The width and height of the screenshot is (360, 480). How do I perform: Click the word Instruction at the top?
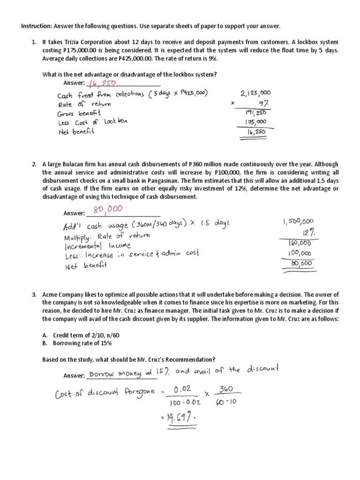[37, 26]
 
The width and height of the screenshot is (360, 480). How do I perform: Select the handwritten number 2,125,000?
[255, 93]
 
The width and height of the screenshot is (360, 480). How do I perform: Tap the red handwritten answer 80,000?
[103, 209]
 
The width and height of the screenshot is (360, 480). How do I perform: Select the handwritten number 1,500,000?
[298, 221]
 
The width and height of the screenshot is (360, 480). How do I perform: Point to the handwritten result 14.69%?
[179, 417]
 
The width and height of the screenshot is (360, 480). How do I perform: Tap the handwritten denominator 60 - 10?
[228, 403]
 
